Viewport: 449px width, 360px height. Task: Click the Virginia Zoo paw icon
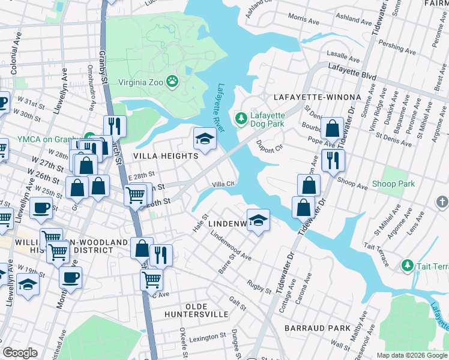(x=173, y=80)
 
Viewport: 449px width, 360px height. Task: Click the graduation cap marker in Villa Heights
(x=205, y=139)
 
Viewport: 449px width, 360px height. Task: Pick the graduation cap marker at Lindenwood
(x=258, y=220)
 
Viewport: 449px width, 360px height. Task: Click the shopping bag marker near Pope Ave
(x=331, y=128)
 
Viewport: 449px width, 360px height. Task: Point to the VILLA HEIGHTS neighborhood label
(x=166, y=156)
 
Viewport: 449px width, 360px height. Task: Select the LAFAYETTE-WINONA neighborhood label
(x=317, y=97)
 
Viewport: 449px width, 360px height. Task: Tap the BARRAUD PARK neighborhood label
(x=318, y=328)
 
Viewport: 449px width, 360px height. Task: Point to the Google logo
(x=20, y=353)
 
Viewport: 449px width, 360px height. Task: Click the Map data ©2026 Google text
(x=412, y=355)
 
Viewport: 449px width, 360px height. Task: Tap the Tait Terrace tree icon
(x=408, y=265)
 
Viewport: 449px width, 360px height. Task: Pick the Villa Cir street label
(x=222, y=184)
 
